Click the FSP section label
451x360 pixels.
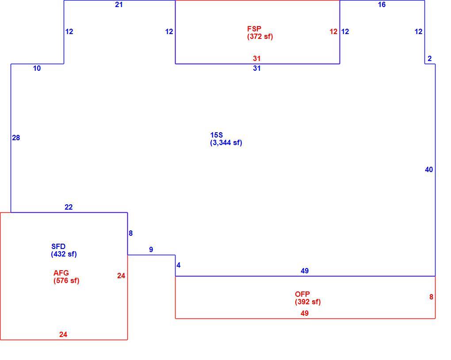[254, 29]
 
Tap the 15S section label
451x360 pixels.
[216, 135]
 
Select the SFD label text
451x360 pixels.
[58, 246]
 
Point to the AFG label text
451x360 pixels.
[61, 273]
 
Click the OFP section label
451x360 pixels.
[302, 294]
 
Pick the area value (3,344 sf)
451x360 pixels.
[226, 143]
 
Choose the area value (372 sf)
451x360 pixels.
[260, 37]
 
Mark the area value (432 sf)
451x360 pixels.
[64, 254]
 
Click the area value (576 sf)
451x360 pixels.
[66, 280]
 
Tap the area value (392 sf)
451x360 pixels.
[308, 302]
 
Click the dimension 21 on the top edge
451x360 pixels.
[119, 4]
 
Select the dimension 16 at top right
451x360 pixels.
[382, 4]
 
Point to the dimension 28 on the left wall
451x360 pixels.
[16, 138]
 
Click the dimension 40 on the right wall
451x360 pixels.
[429, 170]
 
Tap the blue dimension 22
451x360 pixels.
[69, 207]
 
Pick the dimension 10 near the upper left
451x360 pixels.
[37, 69]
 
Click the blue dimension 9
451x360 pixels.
[151, 249]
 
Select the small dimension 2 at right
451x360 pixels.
[430, 59]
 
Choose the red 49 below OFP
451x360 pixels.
[305, 313]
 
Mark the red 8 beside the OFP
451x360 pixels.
[431, 297]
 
